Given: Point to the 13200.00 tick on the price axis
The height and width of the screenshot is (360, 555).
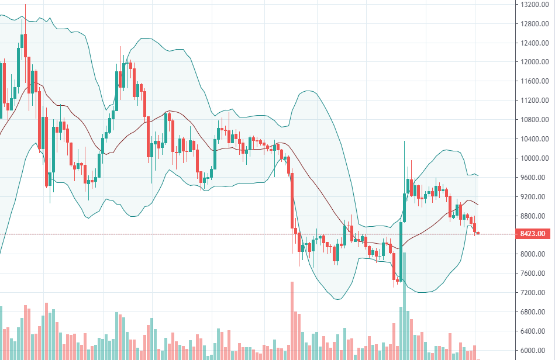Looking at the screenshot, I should click(x=534, y=5).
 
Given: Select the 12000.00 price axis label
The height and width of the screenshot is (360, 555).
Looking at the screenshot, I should click(x=534, y=62).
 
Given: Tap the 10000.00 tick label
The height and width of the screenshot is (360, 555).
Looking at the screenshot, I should click(x=534, y=158).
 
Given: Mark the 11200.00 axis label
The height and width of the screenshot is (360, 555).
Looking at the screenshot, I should click(x=534, y=101).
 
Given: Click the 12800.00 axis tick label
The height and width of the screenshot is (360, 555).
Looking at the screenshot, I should click(x=534, y=24).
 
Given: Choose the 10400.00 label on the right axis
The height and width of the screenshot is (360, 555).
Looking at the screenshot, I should click(x=534, y=139).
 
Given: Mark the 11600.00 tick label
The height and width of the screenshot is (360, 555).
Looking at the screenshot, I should click(x=534, y=81).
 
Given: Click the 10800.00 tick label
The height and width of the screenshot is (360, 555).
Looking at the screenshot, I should click(x=534, y=120).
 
